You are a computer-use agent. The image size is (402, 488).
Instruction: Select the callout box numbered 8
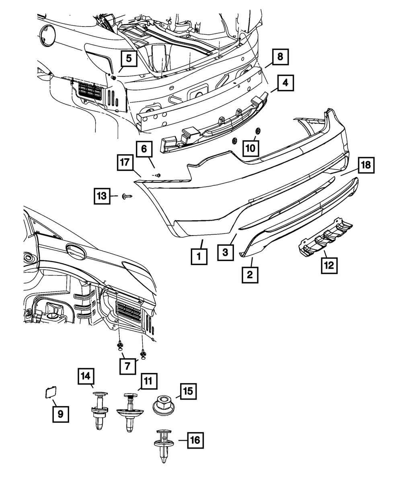(x=280, y=57)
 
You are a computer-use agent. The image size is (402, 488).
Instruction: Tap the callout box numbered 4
(x=285, y=83)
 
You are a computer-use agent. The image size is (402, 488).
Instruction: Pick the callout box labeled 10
(x=250, y=148)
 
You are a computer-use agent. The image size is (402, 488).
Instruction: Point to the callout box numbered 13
(x=102, y=196)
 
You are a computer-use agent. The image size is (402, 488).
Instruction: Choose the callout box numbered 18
(x=366, y=165)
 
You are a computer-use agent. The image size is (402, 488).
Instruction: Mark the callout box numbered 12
(x=329, y=265)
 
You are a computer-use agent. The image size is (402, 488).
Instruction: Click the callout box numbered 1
(x=199, y=256)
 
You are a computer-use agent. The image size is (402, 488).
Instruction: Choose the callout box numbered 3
(x=226, y=252)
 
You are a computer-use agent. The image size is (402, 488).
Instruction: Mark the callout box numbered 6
(x=144, y=150)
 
